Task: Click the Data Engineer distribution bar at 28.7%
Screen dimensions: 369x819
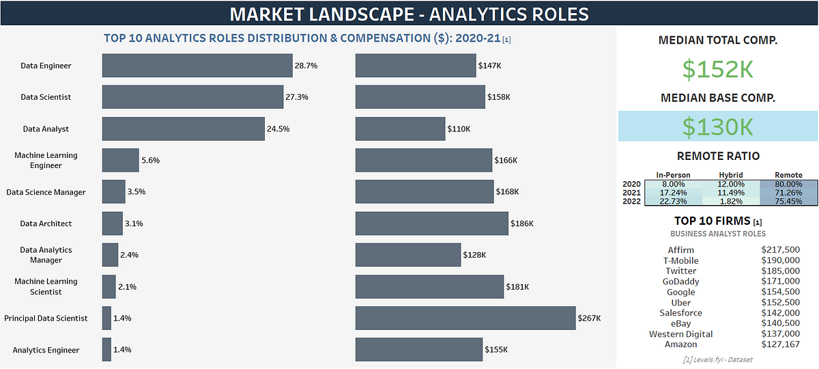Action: [x=197, y=66]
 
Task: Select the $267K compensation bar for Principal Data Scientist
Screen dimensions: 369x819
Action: [x=465, y=318]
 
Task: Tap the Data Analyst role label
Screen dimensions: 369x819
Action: [x=46, y=128]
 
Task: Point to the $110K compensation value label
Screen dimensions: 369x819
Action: [x=459, y=128]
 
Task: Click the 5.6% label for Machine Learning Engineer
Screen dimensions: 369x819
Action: [x=150, y=161]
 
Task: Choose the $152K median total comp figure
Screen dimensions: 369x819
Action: [x=718, y=69]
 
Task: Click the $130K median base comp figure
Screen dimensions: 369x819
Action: [x=718, y=127]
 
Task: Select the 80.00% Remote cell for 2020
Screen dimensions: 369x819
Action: [x=788, y=184]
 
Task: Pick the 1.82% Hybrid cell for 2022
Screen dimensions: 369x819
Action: [x=731, y=201]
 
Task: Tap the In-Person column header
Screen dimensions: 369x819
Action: [x=673, y=175]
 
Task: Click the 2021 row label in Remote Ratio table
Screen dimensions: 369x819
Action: [x=632, y=193]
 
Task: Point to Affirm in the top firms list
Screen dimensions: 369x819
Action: [x=680, y=250]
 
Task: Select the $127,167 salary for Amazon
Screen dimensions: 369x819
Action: [x=780, y=344]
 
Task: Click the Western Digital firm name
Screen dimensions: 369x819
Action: [x=680, y=334]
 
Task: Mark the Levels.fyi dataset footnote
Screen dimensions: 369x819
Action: [x=718, y=359]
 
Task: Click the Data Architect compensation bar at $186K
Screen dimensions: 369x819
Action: [x=431, y=223]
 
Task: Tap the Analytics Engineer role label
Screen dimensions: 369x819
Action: [x=46, y=350]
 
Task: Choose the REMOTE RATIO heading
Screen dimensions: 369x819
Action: [x=718, y=156]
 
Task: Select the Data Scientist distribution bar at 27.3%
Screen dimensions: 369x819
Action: [x=192, y=97]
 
